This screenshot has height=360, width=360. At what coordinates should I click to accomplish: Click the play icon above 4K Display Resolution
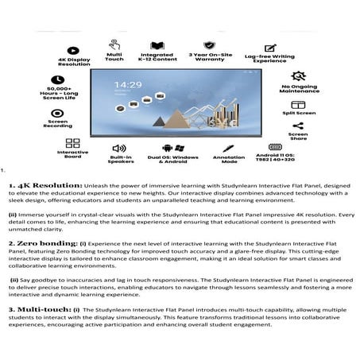tap(72, 50)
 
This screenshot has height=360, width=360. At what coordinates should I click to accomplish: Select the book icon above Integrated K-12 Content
tap(157, 45)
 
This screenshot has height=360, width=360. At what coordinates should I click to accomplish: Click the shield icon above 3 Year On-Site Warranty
tap(209, 45)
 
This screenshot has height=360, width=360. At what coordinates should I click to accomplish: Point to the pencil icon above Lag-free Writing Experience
tap(270, 48)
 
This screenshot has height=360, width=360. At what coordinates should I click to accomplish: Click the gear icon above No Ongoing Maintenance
tap(298, 76)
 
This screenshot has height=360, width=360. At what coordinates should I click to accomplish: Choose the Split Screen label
tap(299, 114)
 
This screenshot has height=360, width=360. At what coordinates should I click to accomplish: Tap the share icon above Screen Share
tap(298, 126)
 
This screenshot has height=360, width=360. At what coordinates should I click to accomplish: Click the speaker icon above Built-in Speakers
tap(119, 148)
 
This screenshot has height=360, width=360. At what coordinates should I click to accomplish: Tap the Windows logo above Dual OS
tap(180, 148)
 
